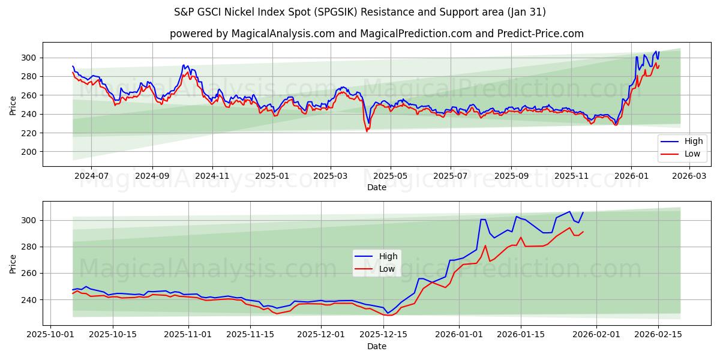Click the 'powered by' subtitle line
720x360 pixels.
(x=376, y=34)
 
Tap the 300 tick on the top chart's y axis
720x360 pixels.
(x=29, y=58)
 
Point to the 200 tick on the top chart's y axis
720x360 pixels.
(x=29, y=152)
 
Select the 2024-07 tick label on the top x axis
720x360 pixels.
(x=91, y=176)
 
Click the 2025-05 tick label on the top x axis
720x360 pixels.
(x=391, y=176)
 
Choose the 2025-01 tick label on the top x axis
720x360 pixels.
(x=272, y=176)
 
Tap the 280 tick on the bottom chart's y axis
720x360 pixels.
(x=29, y=247)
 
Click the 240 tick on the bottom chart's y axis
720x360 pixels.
(x=29, y=299)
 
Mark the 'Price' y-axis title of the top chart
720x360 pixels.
(x=13, y=104)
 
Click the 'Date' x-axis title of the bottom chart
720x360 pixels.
(x=376, y=346)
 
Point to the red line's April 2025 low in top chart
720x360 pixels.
(x=367, y=131)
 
